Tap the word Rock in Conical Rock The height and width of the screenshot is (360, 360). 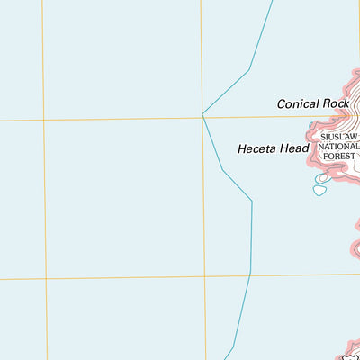click(x=337, y=104)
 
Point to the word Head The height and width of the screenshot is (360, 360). click(x=296, y=148)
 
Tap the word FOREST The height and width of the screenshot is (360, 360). click(x=340, y=155)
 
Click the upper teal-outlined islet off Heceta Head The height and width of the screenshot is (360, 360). click(x=323, y=178)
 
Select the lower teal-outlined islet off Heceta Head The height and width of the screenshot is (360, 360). click(x=319, y=190)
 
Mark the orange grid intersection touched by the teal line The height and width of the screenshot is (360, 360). click(x=202, y=116)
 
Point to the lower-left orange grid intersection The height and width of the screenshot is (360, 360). click(x=45, y=279)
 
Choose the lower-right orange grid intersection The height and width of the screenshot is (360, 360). click(x=204, y=276)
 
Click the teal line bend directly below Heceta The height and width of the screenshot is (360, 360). click(x=252, y=202)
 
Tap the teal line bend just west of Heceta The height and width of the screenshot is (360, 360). click(x=222, y=169)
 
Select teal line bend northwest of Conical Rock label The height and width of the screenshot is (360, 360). click(x=249, y=69)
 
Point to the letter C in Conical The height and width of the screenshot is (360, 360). click(x=282, y=104)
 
